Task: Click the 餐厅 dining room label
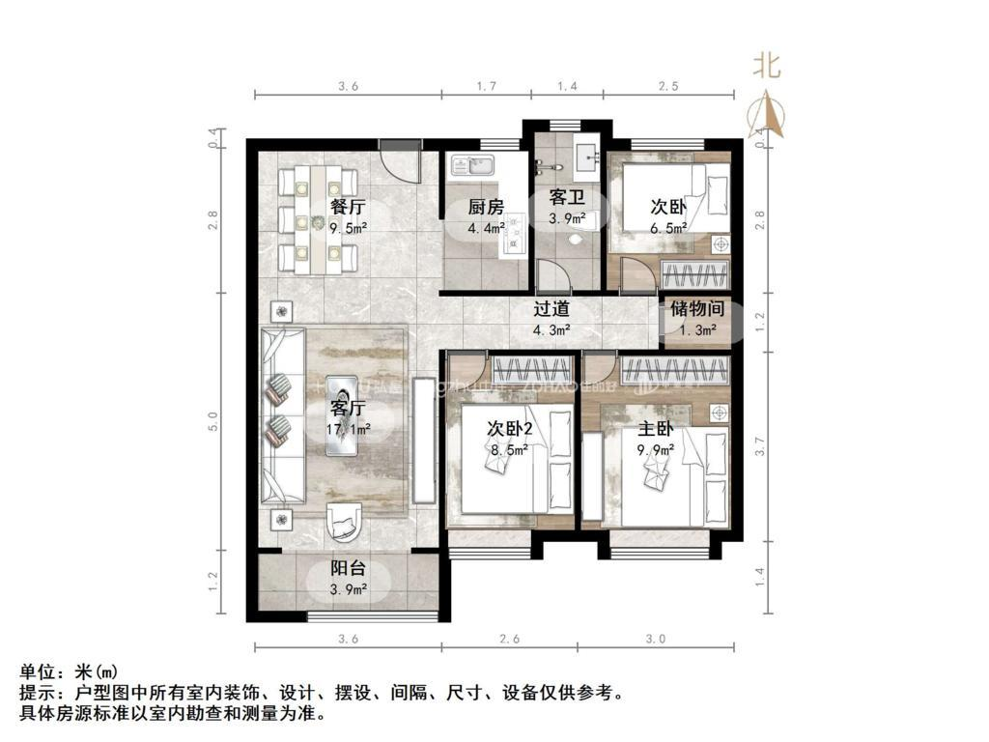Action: click(x=348, y=207)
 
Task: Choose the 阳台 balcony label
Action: click(x=348, y=569)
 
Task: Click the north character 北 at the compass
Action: click(x=767, y=66)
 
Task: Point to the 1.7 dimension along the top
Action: click(x=487, y=87)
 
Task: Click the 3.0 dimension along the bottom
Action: click(x=656, y=639)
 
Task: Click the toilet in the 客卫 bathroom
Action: click(x=577, y=237)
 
